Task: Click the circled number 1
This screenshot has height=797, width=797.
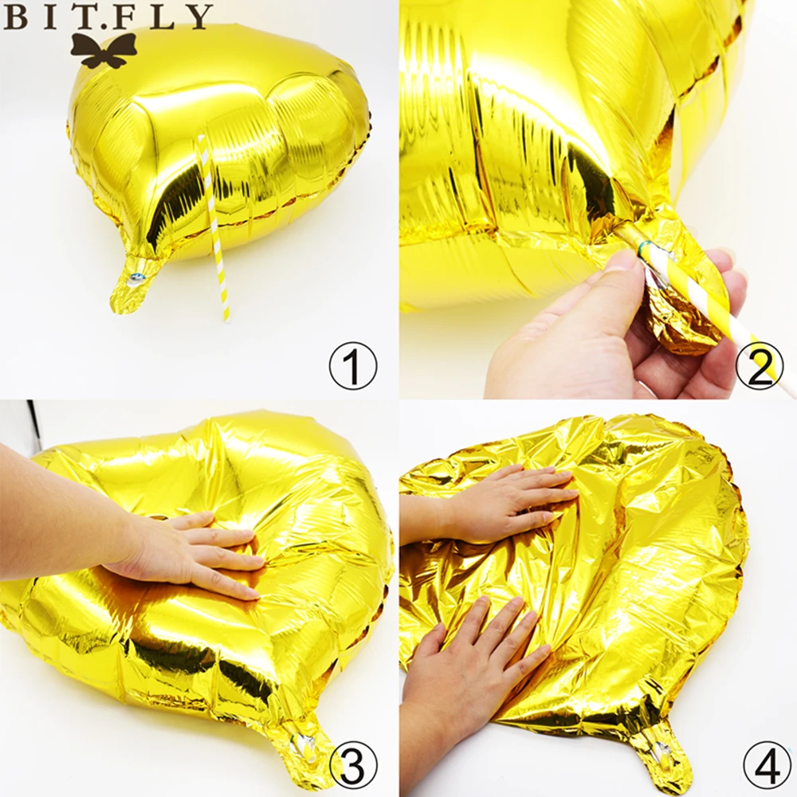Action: coord(353,366)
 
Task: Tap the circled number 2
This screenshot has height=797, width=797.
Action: coord(759,366)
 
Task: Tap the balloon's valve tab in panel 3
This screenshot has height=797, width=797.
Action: coord(305,752)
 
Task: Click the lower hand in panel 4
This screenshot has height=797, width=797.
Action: coord(473,661)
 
